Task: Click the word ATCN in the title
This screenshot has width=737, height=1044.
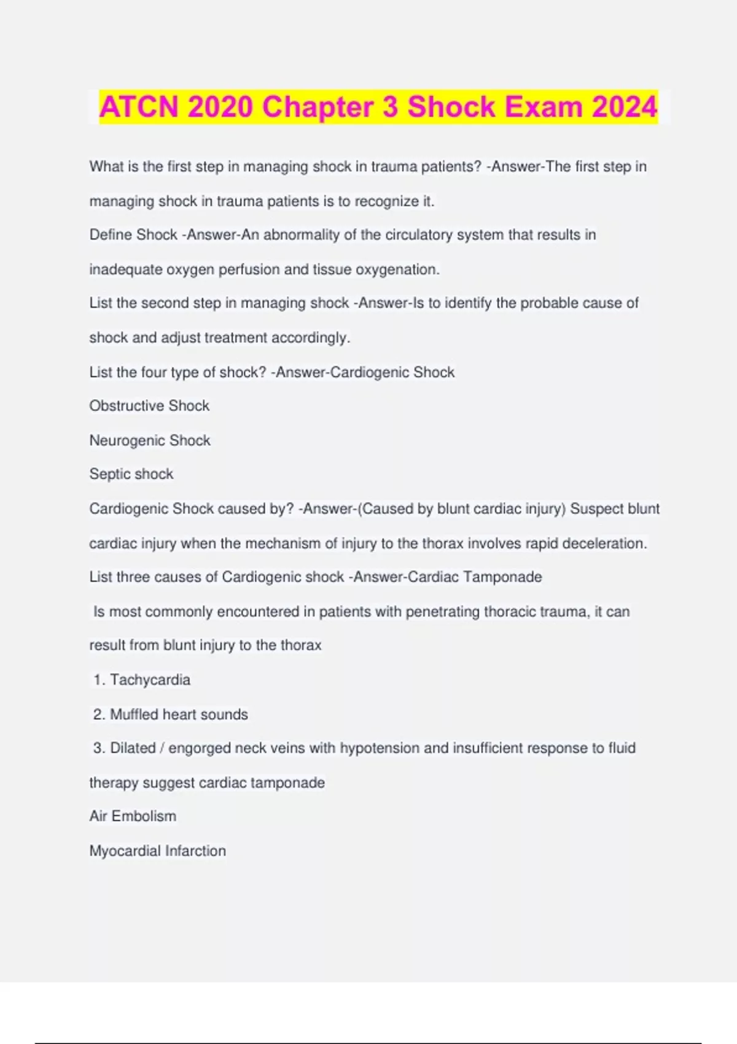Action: click(x=139, y=107)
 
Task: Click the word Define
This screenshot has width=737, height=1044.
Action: click(x=111, y=235)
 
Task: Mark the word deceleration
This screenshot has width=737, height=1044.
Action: click(x=604, y=543)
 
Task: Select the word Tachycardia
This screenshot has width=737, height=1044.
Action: click(x=150, y=680)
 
